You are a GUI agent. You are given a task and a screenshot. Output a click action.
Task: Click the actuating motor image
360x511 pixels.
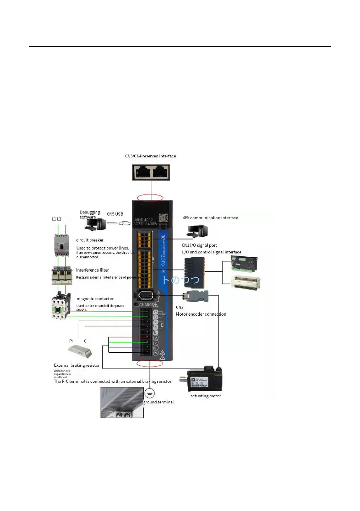[x=205, y=378]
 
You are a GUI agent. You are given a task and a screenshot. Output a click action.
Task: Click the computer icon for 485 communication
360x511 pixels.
[x=195, y=231]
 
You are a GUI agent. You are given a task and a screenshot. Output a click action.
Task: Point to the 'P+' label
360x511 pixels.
[x=72, y=341]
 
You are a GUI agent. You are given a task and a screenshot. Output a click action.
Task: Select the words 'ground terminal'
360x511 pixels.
[x=159, y=402]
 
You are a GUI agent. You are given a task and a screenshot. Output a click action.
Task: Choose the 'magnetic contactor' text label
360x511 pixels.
[x=95, y=298]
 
